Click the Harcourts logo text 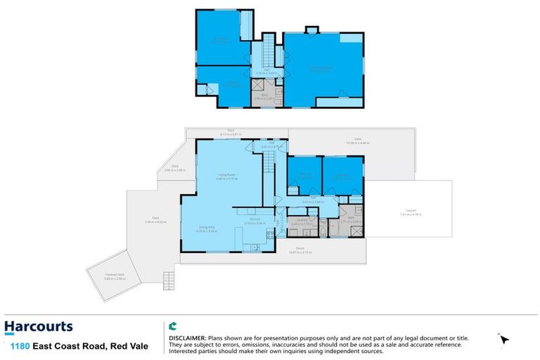38,326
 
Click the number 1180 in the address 20,346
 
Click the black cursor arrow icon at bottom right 503,340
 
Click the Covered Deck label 104,278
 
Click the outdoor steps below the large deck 168,279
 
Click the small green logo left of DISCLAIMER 172,326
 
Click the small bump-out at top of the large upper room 311,30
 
